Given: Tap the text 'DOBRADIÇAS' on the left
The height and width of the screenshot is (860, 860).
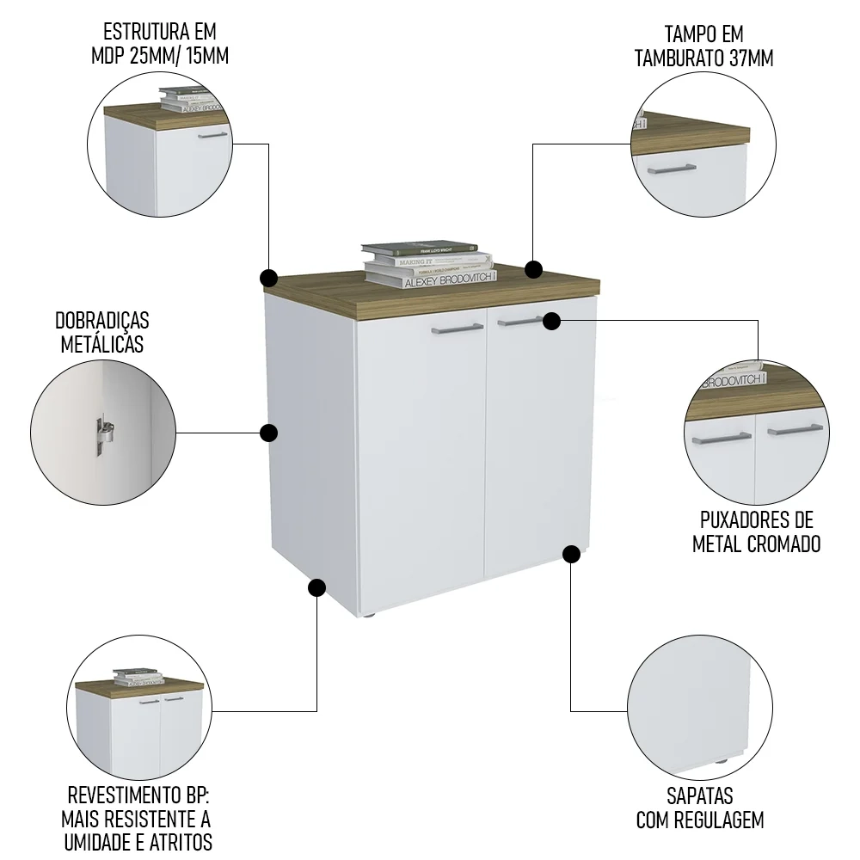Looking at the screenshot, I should pos(102,321).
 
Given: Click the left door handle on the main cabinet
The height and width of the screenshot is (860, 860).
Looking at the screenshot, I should pos(457,328).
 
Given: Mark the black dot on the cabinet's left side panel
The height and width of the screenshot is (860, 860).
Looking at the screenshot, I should pos(268,433).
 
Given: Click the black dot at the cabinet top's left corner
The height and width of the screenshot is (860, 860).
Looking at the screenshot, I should pos(268,278).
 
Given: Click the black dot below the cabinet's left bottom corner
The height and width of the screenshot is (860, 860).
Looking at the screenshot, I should pos(316,587).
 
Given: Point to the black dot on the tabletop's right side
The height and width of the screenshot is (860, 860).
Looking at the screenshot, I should pos(534,270).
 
